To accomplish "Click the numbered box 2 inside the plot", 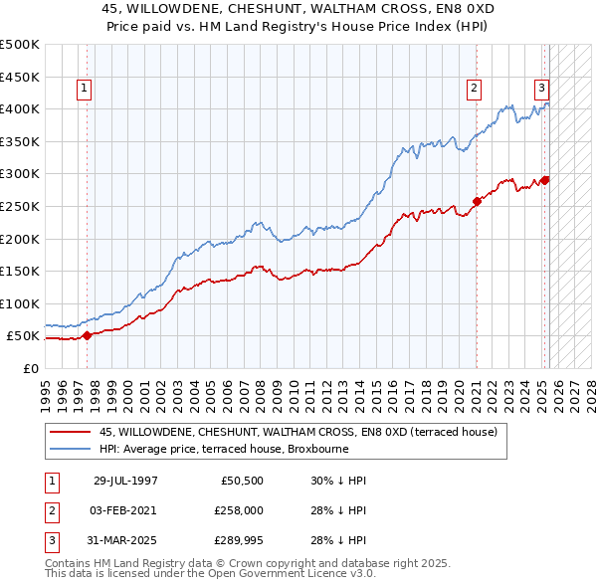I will point(474,89).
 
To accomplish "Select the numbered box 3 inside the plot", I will point(541,87).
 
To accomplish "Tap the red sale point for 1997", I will point(87,335).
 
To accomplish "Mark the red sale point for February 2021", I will point(477,201).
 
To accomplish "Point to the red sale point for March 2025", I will point(545,180).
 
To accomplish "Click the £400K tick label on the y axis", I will point(20,108).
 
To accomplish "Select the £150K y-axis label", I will point(20,271).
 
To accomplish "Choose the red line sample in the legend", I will point(71,432).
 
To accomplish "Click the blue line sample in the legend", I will point(71,450).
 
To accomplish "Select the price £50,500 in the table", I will point(241,481).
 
